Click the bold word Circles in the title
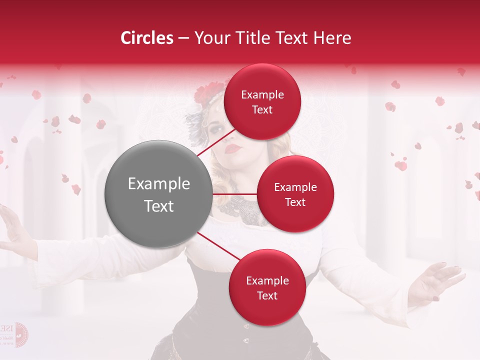pos(146,38)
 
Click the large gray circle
pos(158,194)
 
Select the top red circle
pos(262,101)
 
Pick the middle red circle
pos(295,194)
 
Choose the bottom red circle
pos(267,287)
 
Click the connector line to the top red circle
pos(216,142)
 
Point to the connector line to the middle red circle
pos(234,193)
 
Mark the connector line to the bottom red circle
pos(218,246)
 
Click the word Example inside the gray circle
pos(159,183)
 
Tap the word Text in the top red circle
pos(262,109)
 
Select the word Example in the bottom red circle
pos(267,280)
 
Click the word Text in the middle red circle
pos(295,202)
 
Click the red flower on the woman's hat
pos(205,92)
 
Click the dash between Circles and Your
pos(183,38)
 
